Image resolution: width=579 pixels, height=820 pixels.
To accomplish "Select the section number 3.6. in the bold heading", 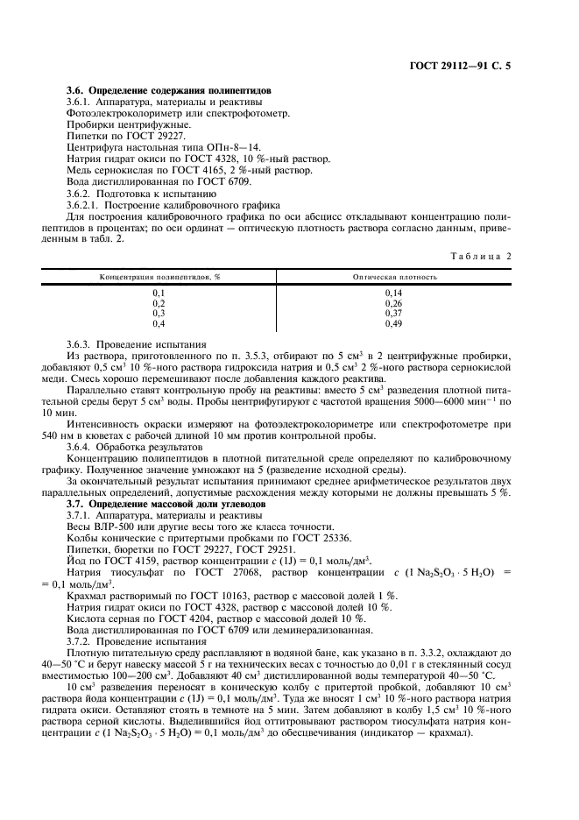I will point(77,90).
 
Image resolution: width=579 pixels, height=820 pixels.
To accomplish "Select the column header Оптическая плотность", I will point(394,276).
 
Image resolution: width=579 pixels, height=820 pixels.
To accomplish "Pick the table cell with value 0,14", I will point(393,291).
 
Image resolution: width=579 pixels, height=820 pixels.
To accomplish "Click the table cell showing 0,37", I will point(393,312).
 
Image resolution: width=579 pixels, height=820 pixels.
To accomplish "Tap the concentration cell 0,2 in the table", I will point(159,301).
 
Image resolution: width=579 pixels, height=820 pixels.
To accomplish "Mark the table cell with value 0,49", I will point(393,322).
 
